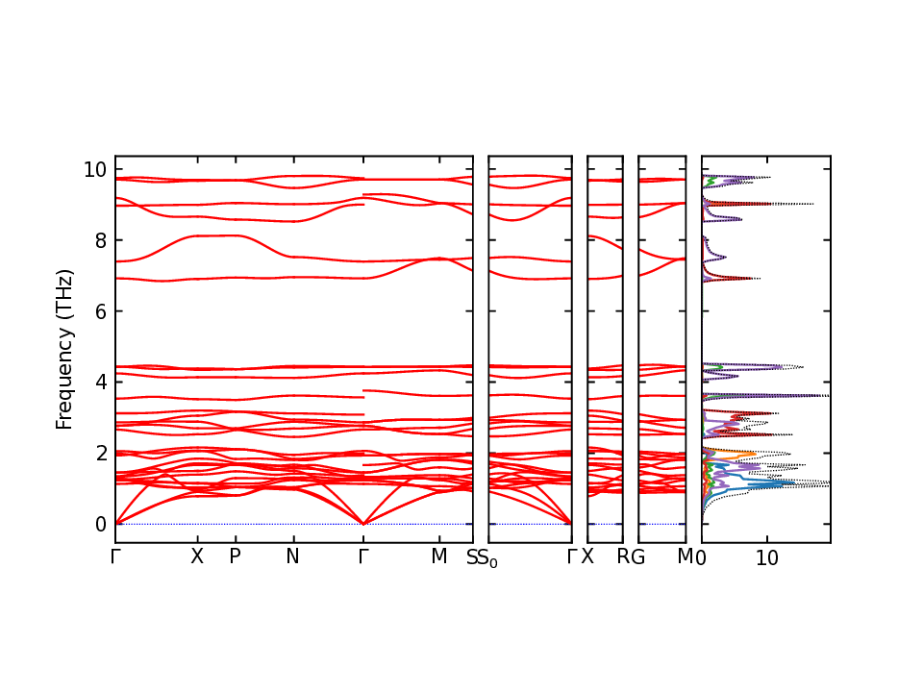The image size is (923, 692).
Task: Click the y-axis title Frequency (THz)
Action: [64, 349]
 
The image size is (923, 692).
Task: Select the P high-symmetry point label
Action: [234, 556]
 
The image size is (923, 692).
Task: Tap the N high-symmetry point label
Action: [293, 556]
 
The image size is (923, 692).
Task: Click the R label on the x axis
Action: [624, 556]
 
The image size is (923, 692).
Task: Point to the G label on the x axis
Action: [637, 556]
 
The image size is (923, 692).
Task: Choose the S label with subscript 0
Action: [488, 558]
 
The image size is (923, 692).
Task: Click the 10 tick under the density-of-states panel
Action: [766, 556]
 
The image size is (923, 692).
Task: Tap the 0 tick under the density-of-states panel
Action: [702, 556]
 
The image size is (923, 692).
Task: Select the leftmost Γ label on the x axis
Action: [115, 556]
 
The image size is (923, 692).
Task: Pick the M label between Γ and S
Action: [439, 556]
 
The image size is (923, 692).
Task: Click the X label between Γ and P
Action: [197, 556]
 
